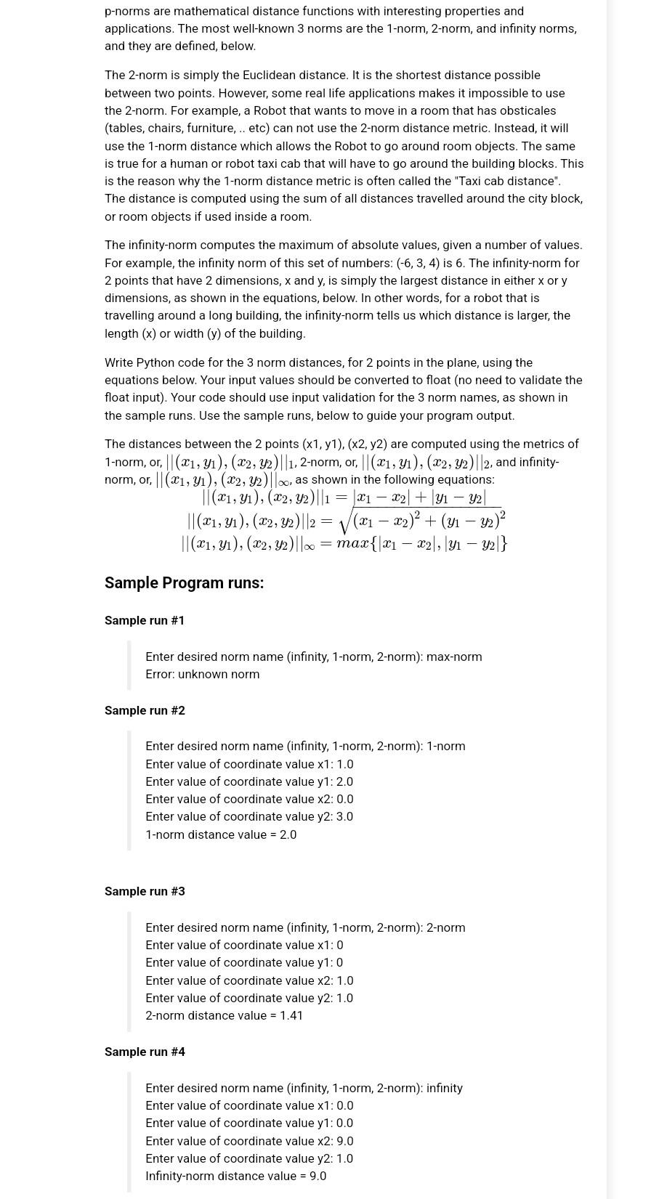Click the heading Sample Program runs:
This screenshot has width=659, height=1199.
click(x=184, y=583)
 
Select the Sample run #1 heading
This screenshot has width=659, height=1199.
click(x=145, y=620)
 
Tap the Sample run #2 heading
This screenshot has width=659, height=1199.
click(x=145, y=710)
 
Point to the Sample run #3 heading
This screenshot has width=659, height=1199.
click(x=145, y=891)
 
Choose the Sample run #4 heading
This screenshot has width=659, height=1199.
click(x=145, y=1052)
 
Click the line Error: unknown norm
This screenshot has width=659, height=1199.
click(x=202, y=674)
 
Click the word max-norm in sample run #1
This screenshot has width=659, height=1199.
click(x=454, y=657)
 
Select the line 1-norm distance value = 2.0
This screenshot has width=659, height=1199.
click(x=221, y=834)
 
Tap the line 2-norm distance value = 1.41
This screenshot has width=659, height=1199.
click(x=224, y=1015)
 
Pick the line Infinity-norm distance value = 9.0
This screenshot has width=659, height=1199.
click(x=235, y=1176)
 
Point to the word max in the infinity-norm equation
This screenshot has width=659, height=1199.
click(x=352, y=543)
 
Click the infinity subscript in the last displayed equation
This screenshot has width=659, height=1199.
click(x=309, y=547)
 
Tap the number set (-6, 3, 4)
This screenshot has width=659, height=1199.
click(x=418, y=263)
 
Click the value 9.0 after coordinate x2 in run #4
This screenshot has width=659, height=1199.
click(x=344, y=1141)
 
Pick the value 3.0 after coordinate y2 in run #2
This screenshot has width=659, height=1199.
click(x=344, y=816)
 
